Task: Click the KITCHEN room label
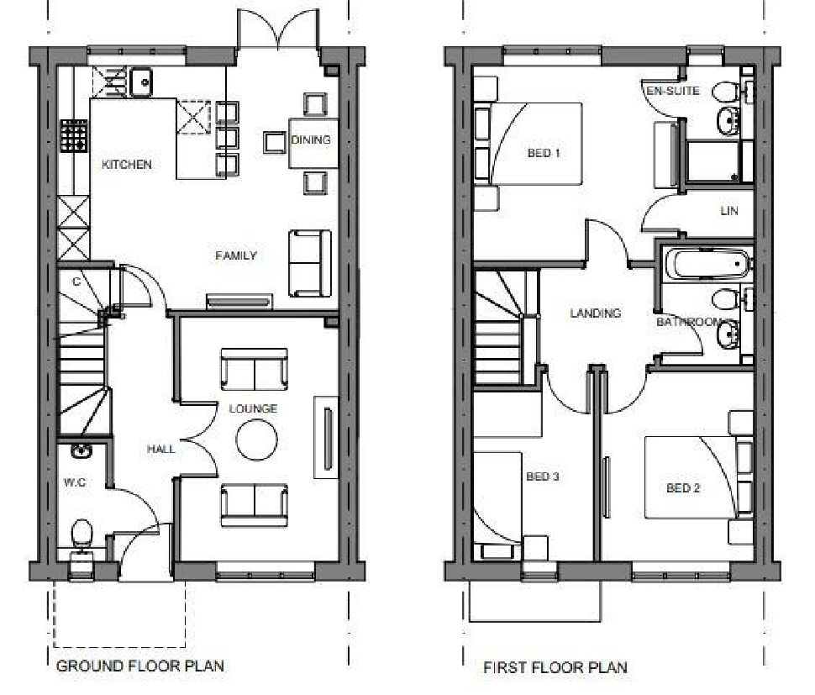[127, 165]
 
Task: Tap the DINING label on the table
[311, 140]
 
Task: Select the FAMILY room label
[235, 255]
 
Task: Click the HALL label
[161, 449]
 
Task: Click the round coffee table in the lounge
[256, 440]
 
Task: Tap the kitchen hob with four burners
[75, 135]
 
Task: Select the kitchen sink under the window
[139, 82]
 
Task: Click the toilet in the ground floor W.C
[81, 535]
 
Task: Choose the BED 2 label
[683, 487]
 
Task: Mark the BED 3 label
[543, 476]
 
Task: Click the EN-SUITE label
[672, 91]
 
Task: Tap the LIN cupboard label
[728, 211]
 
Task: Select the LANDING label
[596, 313]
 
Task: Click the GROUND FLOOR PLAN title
[139, 666]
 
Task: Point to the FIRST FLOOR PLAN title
[555, 668]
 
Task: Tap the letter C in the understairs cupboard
[76, 282]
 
